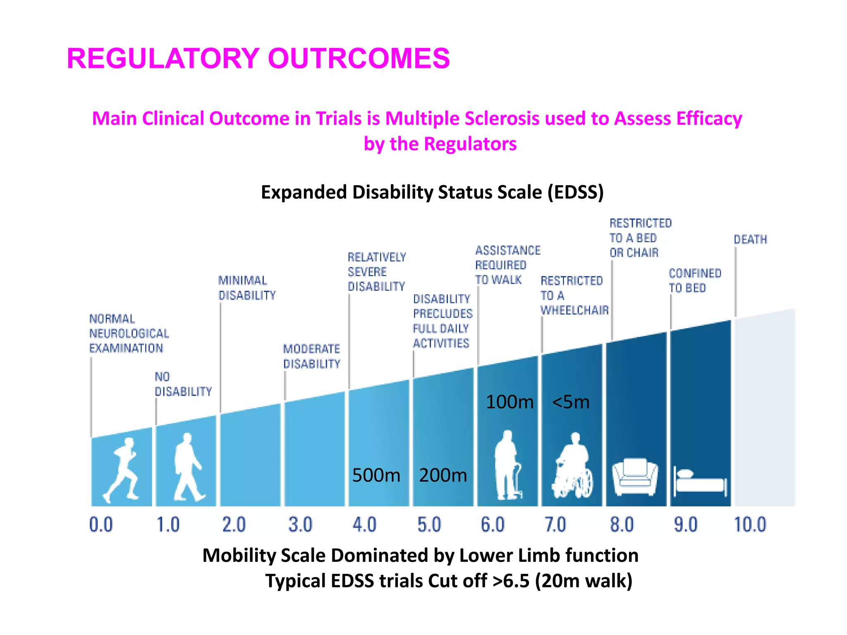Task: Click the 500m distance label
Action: coord(376,475)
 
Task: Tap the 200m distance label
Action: coord(443,475)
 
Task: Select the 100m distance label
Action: coord(510,402)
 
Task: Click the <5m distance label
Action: coord(571,402)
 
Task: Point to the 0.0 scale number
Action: coord(101,525)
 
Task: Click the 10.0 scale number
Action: coord(750,525)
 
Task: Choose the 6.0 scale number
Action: coord(493,525)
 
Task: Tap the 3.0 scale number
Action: coord(300,525)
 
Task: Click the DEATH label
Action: coord(750,239)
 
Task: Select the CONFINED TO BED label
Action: coord(694,280)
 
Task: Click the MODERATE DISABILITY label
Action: coord(311,356)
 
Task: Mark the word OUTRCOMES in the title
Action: coord(359,58)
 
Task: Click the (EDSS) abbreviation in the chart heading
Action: coord(576,192)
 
